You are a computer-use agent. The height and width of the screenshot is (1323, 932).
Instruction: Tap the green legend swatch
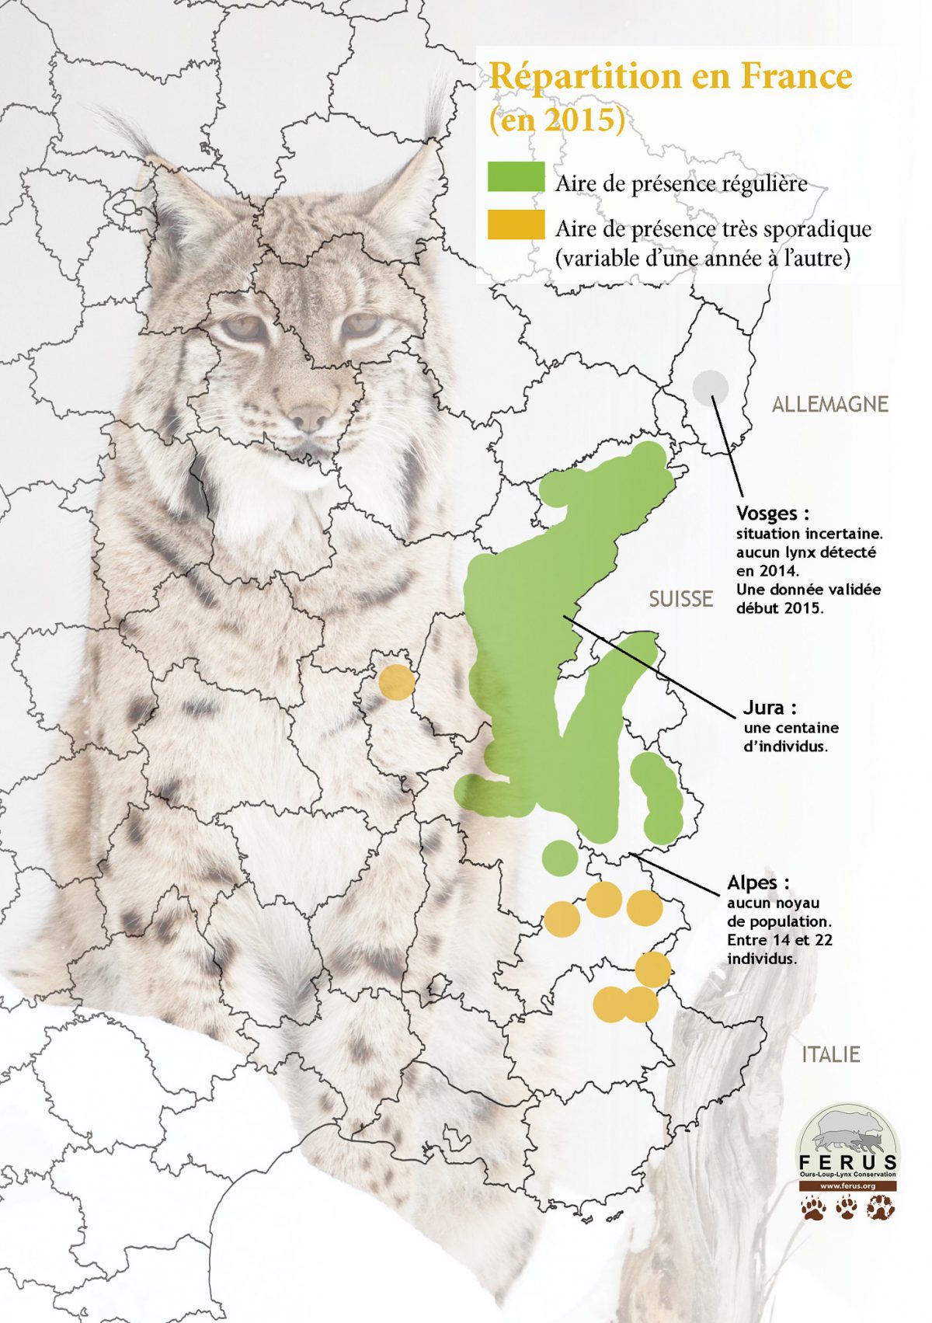pos(516,178)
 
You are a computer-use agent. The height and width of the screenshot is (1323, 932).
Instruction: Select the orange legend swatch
pos(516,225)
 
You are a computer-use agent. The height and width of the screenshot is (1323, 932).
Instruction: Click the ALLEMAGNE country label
pos(829,404)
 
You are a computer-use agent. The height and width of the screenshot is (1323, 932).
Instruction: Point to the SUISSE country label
pos(681,599)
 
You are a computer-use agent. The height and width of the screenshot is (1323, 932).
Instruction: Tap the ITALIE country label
pos(831,1054)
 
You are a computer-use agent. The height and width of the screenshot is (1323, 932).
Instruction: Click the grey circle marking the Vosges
pos(711,388)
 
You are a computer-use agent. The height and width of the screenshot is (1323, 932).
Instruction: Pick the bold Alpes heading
pos(756,883)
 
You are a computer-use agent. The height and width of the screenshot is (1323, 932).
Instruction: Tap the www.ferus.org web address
pos(847,1186)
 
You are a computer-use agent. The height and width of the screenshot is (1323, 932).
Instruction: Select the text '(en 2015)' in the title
pos(557,120)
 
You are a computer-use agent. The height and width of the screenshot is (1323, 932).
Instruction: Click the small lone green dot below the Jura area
pos(559,858)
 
